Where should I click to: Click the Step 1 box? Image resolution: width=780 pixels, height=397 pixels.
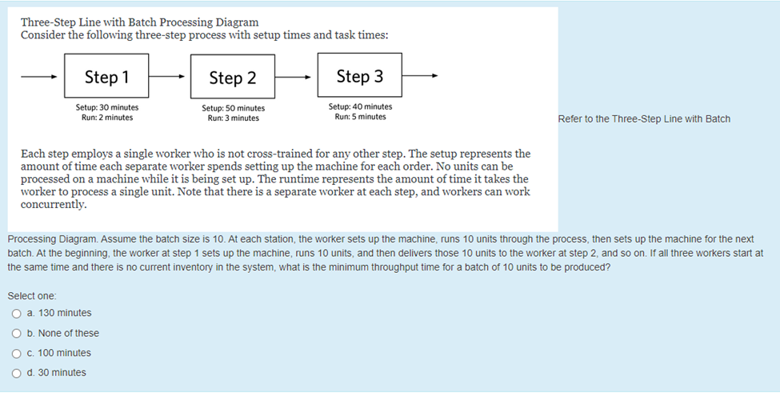106,77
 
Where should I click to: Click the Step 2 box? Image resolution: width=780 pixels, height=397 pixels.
233,78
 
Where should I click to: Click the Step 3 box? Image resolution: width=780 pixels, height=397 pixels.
359,76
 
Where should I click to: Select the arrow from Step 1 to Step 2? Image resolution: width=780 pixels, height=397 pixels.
169,78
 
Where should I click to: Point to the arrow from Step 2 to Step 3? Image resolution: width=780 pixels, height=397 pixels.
295,78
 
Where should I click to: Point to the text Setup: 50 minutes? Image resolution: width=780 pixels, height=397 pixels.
234,108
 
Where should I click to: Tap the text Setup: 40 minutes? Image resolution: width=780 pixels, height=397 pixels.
360,106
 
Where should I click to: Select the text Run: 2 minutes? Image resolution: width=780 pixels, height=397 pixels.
107,118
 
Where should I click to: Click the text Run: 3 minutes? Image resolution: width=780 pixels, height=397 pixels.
234,118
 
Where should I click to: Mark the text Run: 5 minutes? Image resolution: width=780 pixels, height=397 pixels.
360,117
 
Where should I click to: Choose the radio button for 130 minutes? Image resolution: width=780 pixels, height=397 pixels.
16,313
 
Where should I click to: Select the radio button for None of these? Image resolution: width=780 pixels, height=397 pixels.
16,333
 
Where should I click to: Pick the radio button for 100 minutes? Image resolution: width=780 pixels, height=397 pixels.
16,353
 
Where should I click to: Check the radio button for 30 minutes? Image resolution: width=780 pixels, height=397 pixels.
16,373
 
